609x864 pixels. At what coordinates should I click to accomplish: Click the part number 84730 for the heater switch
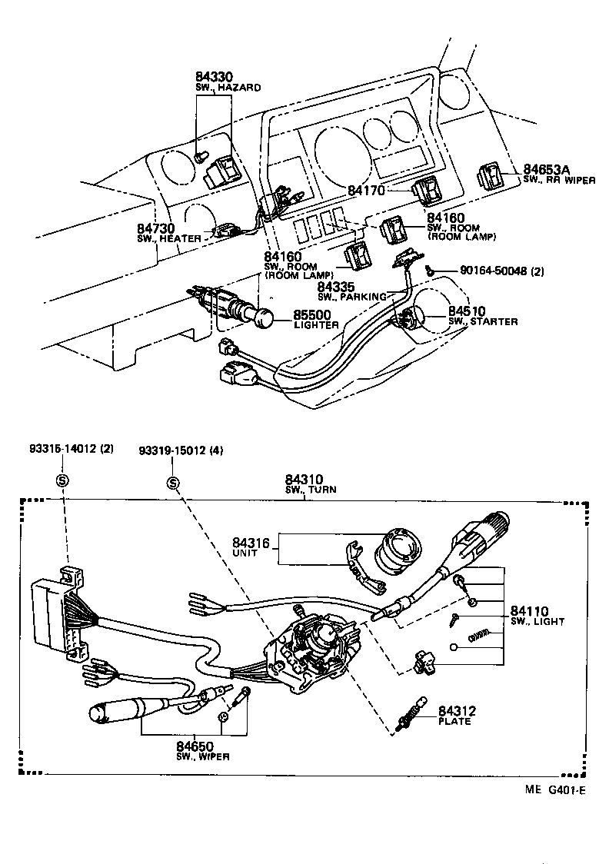157,229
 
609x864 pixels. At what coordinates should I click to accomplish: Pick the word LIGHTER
316,326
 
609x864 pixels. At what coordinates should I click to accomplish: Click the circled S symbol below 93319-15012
173,483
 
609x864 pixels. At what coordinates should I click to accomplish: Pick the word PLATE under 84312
454,722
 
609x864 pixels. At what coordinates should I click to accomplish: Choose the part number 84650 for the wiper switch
194,746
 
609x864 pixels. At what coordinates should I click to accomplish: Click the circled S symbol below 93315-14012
62,481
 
